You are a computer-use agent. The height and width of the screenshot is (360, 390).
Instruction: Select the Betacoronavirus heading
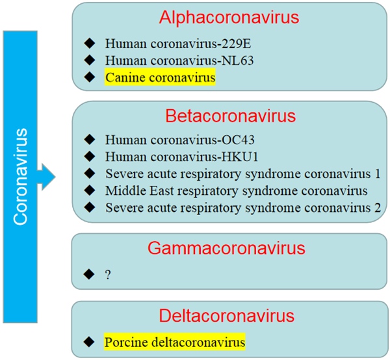point(231,116)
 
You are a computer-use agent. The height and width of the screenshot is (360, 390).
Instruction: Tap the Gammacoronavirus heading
point(231,248)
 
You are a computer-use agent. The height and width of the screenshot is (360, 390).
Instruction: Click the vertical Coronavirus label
point(21,176)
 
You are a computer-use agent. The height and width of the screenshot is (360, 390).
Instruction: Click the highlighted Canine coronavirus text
point(160,78)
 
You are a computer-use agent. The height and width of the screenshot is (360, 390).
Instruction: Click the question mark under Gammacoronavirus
point(107,274)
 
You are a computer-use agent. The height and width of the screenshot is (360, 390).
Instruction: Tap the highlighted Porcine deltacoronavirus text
point(174,341)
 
